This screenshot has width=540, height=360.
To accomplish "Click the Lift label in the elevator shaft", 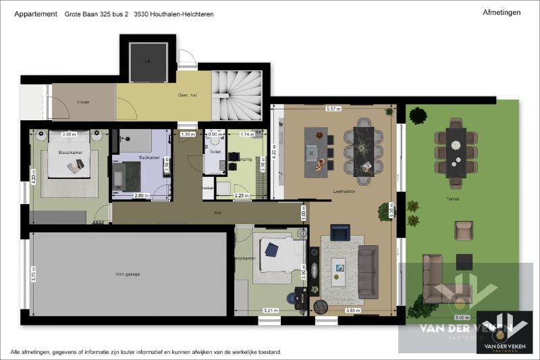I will [x=147, y=60].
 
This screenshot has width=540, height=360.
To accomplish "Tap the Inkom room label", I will [x=83, y=102].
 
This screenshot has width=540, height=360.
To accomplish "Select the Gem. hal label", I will [x=186, y=96].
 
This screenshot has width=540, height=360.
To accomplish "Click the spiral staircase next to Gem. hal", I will [x=236, y=96].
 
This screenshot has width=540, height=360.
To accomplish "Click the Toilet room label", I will [x=215, y=153].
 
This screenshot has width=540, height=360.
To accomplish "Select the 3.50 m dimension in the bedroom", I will [x=68, y=134].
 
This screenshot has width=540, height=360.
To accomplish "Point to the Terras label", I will [x=462, y=200].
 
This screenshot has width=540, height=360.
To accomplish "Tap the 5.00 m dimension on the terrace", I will [x=462, y=317].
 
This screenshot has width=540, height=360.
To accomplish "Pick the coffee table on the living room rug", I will [x=340, y=268].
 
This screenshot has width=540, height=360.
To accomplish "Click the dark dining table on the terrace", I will [x=456, y=153].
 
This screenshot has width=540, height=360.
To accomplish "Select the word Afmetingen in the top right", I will [x=502, y=13].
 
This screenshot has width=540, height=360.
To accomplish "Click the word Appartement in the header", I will [x=35, y=14].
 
